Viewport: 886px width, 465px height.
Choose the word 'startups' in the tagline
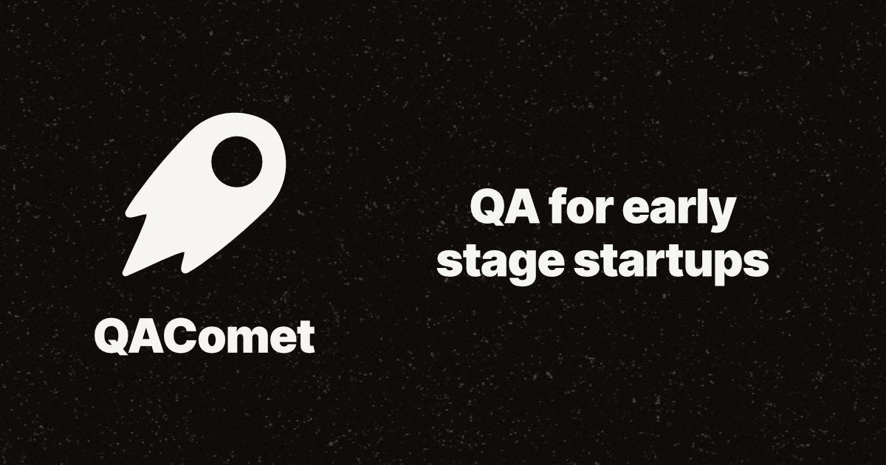pyautogui.click(x=674, y=263)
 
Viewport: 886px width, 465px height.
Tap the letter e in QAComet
pyautogui.click(x=279, y=340)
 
